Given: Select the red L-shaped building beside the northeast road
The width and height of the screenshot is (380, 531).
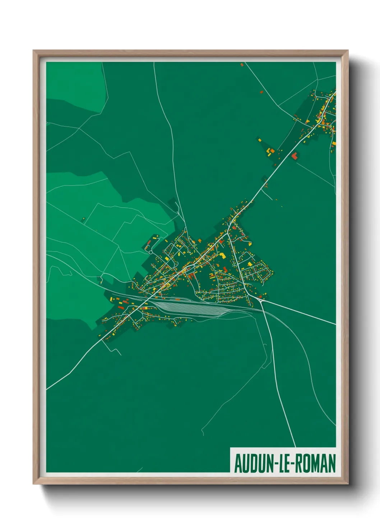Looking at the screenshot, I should click(295, 156).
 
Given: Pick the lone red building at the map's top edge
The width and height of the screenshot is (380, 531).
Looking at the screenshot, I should click(242, 65).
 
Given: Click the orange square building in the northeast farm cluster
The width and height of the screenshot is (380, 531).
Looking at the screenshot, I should click(272, 151).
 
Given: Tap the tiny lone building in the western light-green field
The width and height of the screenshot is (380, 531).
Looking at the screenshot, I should click(83, 218).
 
